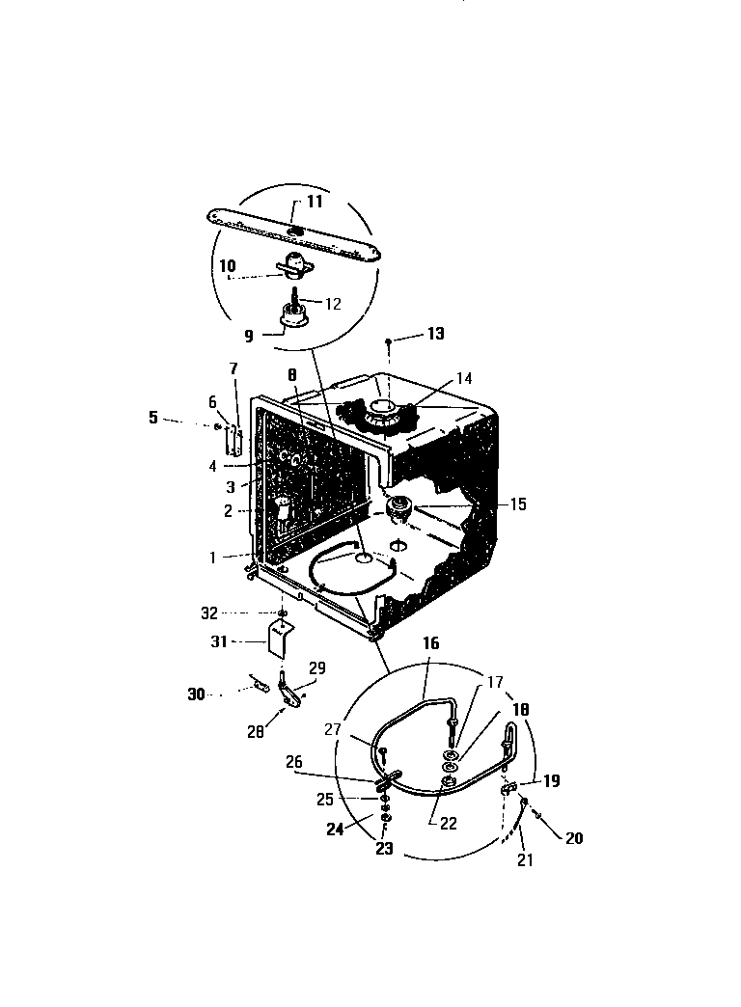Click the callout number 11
click(315, 203)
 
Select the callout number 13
click(436, 334)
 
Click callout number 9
click(249, 338)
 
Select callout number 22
click(449, 825)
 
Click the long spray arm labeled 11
click(289, 232)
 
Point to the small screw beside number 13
click(388, 340)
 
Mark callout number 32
click(236, 612)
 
